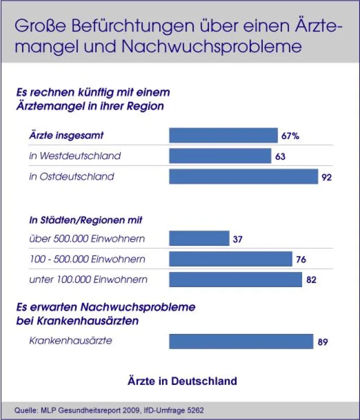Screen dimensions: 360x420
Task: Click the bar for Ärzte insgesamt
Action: pos(223,135)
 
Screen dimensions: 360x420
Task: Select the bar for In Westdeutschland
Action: pos(220,155)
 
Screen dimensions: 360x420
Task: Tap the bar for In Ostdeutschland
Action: pos(243,176)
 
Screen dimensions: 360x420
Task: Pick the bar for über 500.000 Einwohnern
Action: pos(199,238)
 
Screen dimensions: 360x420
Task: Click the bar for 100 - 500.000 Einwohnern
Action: pos(231,259)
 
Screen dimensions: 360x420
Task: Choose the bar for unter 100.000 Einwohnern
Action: pos(235,279)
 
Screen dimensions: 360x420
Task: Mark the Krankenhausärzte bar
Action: pos(241,341)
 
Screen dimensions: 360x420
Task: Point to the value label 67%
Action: pos(290,136)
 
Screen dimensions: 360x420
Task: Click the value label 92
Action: pos(326,177)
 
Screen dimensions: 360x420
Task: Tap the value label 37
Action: pos(238,239)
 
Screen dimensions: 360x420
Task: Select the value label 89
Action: pos(323,342)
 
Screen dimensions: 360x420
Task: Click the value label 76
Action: pos(301,259)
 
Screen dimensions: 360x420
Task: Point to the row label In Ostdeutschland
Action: pos(71,176)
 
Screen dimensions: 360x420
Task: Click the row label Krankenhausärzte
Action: pos(70,341)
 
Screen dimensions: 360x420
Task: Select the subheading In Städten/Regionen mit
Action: pos(86,220)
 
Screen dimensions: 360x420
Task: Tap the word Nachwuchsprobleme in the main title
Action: pos(212,46)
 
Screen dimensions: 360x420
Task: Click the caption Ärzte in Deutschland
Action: pos(182,381)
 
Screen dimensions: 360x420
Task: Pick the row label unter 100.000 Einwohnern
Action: pos(88,280)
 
